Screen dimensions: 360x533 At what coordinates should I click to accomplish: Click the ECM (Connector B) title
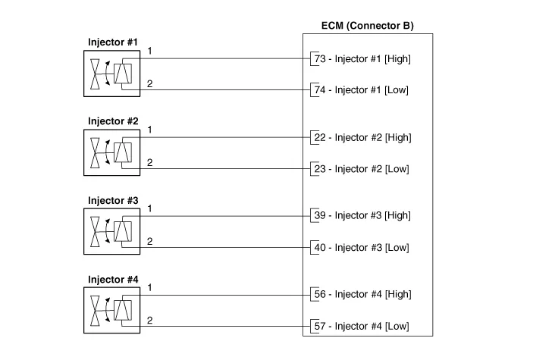click(368, 25)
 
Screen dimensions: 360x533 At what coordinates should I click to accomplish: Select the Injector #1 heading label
click(113, 42)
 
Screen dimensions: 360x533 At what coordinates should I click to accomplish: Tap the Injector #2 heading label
click(113, 121)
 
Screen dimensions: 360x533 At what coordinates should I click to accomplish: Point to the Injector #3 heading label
click(113, 200)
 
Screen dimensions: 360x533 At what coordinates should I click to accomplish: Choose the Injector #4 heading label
click(113, 279)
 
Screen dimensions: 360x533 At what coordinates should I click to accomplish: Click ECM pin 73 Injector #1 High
click(362, 58)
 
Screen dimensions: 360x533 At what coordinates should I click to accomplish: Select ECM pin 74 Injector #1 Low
click(361, 90)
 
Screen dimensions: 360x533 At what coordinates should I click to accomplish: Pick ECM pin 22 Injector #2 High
click(362, 137)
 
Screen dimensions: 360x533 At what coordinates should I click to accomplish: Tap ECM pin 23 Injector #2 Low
click(361, 169)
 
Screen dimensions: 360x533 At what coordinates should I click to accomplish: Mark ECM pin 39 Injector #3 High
click(362, 216)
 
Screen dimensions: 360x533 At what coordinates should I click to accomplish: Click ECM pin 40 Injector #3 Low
click(361, 248)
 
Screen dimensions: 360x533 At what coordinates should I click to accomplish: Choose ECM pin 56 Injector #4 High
click(362, 295)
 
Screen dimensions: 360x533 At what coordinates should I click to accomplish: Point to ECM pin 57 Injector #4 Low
click(361, 327)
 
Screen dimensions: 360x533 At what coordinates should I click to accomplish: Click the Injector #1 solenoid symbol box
click(112, 74)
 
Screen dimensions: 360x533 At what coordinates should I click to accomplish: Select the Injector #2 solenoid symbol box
click(112, 152)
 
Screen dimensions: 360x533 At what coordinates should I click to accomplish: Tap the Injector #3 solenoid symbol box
click(112, 231)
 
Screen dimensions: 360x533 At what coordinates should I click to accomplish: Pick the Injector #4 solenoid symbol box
click(112, 310)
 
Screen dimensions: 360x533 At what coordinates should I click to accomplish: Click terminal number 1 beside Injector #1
click(150, 51)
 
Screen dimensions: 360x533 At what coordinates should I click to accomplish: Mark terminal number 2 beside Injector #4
click(150, 320)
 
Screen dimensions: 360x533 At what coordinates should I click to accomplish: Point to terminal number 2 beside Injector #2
click(150, 162)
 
